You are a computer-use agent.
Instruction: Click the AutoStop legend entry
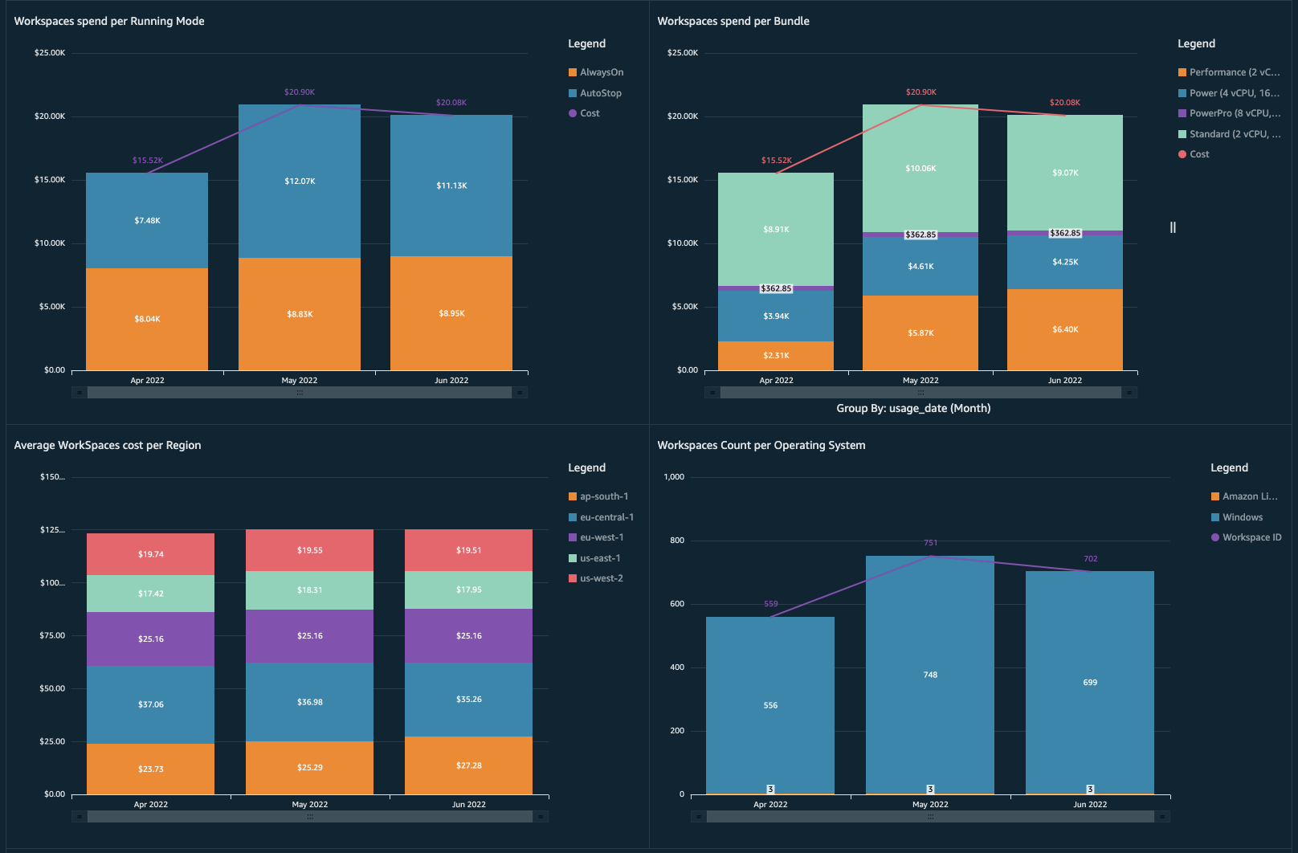[x=600, y=93]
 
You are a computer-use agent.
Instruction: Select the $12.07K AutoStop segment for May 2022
[x=300, y=182]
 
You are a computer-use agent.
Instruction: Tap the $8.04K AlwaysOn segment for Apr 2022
[x=147, y=319]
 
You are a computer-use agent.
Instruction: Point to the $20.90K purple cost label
[x=300, y=92]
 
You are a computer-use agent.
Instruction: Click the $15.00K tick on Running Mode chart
[x=50, y=180]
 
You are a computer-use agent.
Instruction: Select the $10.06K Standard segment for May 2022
[x=920, y=169]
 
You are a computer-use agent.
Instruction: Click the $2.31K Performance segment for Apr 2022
[x=776, y=355]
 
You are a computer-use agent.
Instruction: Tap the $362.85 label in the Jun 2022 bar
[x=1065, y=233]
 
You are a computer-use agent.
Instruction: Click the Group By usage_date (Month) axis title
[x=913, y=408]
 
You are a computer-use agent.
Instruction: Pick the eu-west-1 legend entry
[x=601, y=537]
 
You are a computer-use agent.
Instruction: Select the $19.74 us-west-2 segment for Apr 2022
[x=150, y=554]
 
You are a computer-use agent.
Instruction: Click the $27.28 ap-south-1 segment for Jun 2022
[x=468, y=765]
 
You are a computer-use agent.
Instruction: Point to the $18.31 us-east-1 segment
[x=309, y=590]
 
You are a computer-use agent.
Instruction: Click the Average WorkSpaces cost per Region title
[x=108, y=445]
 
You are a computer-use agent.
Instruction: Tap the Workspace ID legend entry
[x=1251, y=537]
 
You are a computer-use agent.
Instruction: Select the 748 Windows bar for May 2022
[x=930, y=675]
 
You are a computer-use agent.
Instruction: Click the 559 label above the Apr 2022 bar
[x=771, y=604]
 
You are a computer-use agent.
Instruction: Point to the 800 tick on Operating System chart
[x=677, y=541]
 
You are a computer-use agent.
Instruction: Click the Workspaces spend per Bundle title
[x=733, y=21]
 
